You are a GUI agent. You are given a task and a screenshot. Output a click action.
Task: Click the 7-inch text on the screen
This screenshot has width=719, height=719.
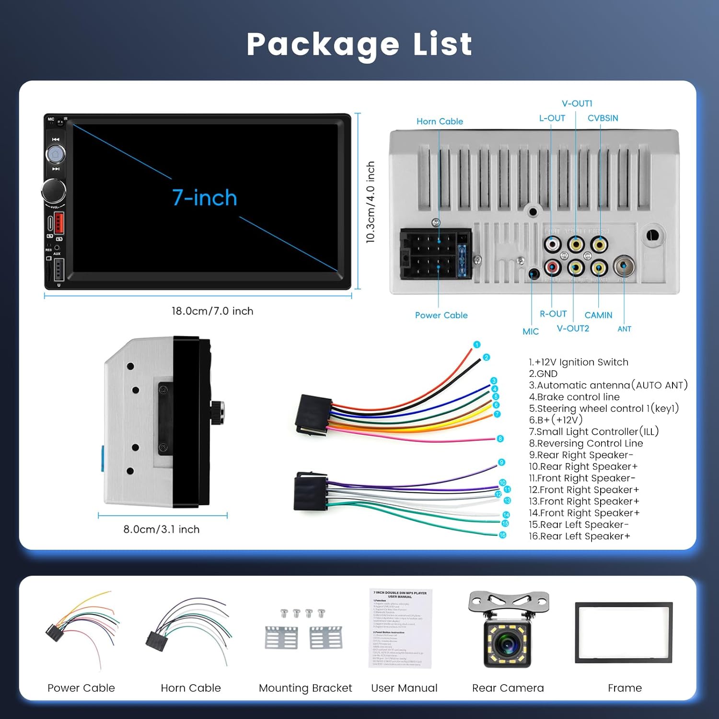pos(205,197)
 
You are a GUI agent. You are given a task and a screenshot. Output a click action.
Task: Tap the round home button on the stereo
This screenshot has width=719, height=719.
pos(55,154)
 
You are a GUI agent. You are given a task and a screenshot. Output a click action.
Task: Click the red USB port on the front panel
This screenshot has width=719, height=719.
pos(59,222)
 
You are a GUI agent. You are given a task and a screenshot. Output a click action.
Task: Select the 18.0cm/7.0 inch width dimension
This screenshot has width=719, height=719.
pos(212,311)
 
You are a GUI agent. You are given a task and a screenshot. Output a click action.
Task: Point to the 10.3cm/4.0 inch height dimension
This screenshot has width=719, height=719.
pos(370,202)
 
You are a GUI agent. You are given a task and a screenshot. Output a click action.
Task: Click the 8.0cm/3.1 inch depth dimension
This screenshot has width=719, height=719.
pos(162,529)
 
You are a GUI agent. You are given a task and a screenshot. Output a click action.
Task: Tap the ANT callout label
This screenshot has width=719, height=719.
pos(624,329)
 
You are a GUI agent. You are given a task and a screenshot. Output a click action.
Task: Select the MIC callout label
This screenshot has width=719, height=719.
pos(531,331)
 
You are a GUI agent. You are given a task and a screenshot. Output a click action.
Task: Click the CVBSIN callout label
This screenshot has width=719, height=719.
pos(603,118)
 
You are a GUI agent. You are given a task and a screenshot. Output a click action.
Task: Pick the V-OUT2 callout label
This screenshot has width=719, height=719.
pos(573,328)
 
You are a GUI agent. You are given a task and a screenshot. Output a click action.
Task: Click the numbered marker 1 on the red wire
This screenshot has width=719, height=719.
pos(476,345)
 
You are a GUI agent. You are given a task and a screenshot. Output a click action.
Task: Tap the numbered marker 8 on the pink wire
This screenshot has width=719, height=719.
pos(500,439)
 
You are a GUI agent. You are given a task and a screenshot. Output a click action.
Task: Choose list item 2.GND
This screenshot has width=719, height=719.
pos(543,374)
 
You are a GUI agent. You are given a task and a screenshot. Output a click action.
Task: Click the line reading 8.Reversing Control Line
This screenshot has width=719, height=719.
pos(586,443)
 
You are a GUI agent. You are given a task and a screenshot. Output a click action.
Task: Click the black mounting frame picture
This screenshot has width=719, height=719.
pos(624,633)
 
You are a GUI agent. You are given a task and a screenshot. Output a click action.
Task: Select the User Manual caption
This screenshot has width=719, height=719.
pos(404,688)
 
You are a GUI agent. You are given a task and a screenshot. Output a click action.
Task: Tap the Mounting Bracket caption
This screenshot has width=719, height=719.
pos(305,688)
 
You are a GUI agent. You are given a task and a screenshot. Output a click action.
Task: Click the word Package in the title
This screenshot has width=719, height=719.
pos(323,45)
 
